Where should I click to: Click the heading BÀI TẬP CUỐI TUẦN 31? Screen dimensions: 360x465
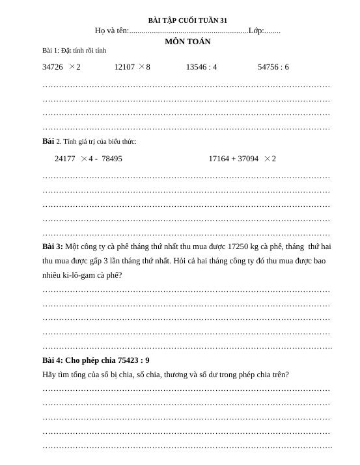pos(187,21)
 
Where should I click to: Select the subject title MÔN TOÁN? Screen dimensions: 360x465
pos(187,42)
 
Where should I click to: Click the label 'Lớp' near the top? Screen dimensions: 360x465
pos(256,31)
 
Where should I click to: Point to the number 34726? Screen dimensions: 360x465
pos(53,67)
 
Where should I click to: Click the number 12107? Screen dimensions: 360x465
pos(124,67)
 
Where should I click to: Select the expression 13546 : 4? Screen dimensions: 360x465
pos(201,67)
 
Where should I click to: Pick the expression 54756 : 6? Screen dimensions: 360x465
pos(273,67)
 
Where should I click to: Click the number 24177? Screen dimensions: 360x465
pos(65,159)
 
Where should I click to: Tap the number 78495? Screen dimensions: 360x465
pos(112,159)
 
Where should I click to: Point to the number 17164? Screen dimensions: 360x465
pos(219,159)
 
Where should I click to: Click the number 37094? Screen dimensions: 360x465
pos(248,159)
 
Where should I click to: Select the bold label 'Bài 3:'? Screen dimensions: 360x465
pos(53,246)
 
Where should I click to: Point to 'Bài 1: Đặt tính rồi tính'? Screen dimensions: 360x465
pos(74,50)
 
